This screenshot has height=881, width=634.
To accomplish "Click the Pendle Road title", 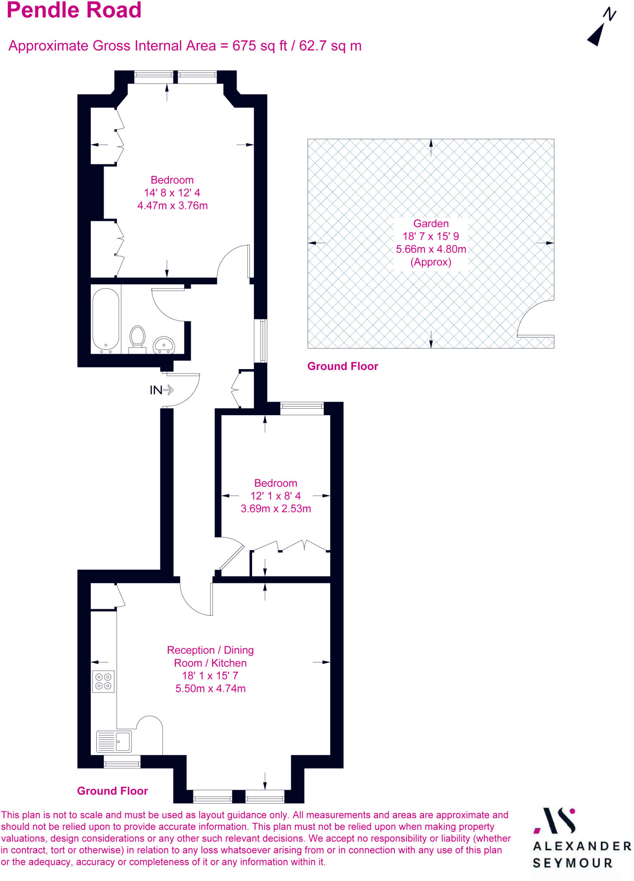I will [74, 10].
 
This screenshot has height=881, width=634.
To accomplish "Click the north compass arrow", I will [597, 34].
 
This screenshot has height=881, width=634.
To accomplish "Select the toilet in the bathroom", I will [138, 338].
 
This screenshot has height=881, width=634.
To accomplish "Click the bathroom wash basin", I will [164, 345].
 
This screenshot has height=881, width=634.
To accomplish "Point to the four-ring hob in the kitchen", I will [103, 681].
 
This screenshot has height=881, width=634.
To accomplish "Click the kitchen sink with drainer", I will [114, 741].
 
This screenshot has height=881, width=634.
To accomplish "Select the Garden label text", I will [431, 224].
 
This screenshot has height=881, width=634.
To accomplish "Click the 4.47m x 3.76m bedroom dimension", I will [172, 206].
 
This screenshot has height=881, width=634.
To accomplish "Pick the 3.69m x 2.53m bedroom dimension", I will [276, 508].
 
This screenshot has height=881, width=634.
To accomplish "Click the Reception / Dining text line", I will [210, 650].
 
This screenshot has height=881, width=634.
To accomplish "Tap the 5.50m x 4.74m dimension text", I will [210, 688].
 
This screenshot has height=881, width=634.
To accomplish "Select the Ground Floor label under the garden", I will [342, 366].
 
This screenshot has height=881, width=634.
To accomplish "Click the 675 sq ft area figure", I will [260, 46].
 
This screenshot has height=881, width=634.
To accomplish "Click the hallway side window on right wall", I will [261, 341].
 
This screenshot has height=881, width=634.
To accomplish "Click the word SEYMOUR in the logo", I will [572, 863].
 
